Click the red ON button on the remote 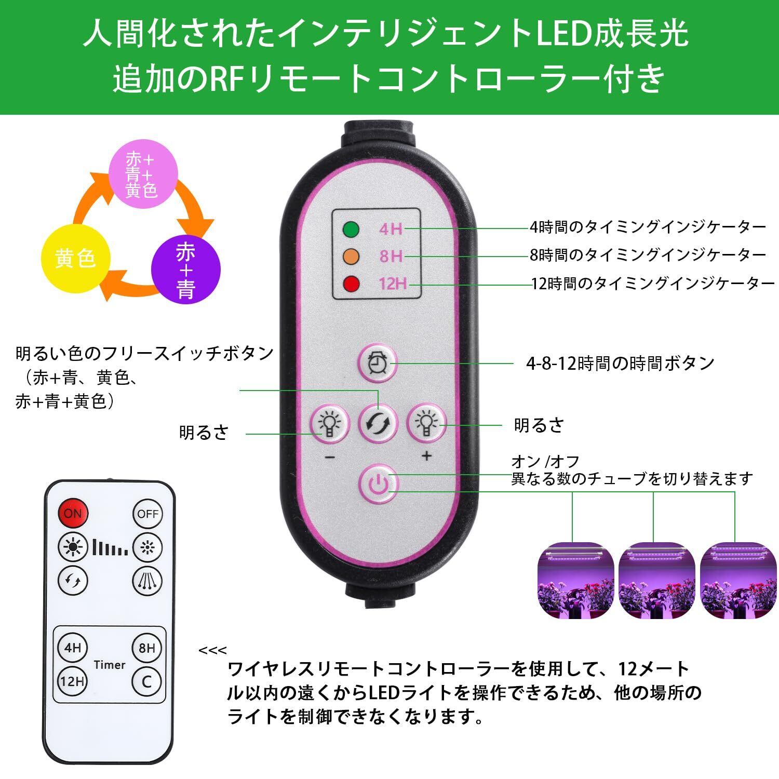(73, 513)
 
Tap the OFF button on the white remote (147, 514)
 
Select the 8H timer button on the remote (147, 648)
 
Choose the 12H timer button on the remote (72, 680)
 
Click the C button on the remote (147, 680)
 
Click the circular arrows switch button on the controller (378, 424)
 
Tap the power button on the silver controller (379, 485)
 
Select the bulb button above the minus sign (328, 423)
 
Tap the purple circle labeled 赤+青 (186, 270)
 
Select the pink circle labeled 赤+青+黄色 (142, 174)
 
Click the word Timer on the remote (110, 665)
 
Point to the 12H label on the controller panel (392, 284)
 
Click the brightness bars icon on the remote (110, 546)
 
